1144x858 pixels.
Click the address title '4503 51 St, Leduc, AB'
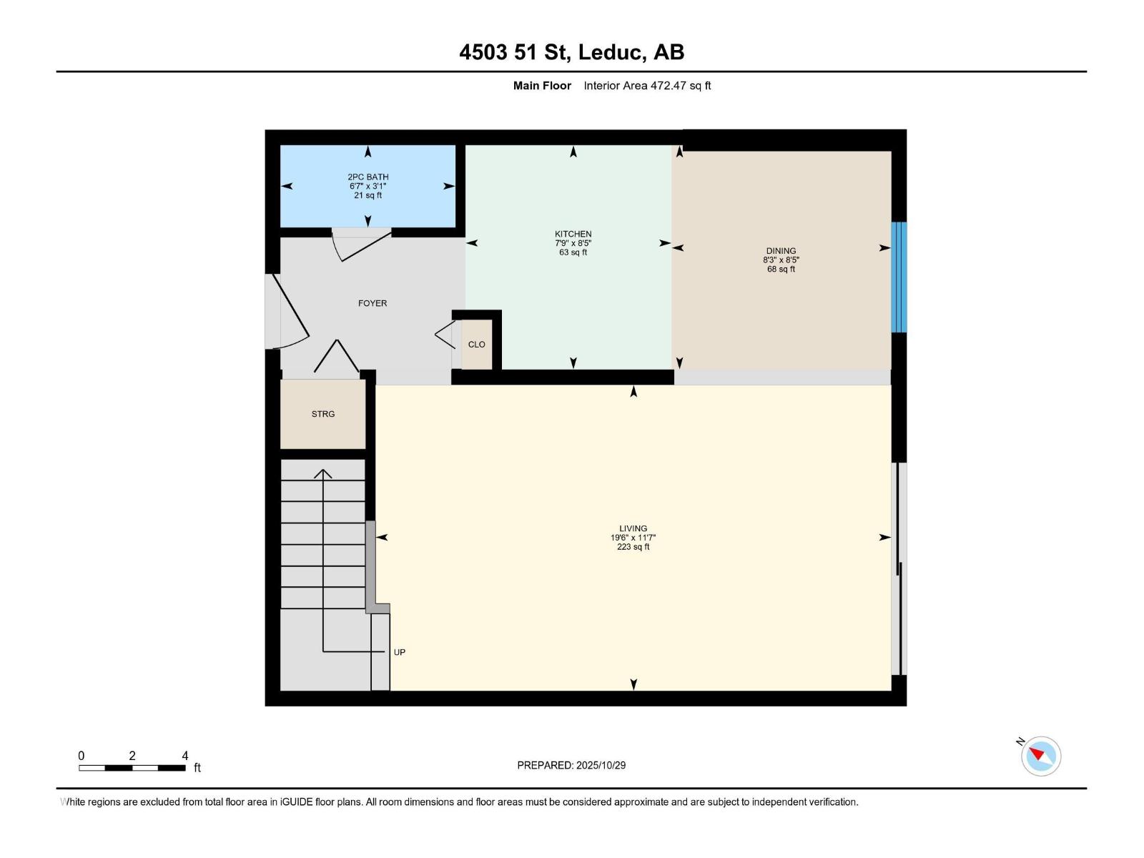tap(571, 52)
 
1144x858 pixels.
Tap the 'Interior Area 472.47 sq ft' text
tap(647, 86)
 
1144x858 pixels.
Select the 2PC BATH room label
tap(368, 177)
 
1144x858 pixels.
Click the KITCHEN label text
tap(573, 234)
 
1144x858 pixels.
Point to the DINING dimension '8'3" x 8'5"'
tap(781, 260)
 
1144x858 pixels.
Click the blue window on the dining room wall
tap(899, 277)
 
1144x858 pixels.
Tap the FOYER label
tap(372, 303)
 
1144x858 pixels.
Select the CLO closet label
tap(476, 345)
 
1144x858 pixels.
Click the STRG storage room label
tap(322, 414)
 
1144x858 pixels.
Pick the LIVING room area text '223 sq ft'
tap(633, 547)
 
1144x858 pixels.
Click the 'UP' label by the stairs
tap(400, 652)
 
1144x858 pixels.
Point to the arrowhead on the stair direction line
tap(323, 473)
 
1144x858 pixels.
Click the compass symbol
tap(1040, 756)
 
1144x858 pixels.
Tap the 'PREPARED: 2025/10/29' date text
tap(571, 765)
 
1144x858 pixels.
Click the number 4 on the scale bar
tap(185, 756)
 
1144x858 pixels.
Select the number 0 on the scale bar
tap(82, 756)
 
